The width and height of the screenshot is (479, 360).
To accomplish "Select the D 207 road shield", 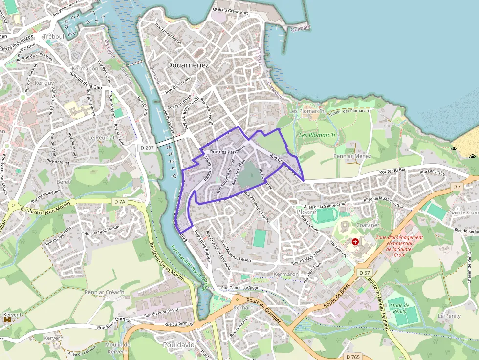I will click(x=147, y=147).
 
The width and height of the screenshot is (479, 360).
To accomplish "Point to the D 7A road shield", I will click(x=120, y=201).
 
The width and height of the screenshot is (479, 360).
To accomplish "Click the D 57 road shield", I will click(x=364, y=272).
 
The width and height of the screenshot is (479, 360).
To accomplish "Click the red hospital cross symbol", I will click(x=355, y=242).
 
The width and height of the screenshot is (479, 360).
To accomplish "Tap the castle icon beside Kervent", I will click(x=7, y=319).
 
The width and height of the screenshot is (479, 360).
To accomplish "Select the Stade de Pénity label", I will click(x=400, y=308).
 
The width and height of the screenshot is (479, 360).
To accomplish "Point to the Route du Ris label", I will click(x=392, y=169).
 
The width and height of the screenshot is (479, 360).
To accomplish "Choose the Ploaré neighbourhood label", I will click(x=306, y=212).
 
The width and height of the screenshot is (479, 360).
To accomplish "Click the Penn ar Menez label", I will click(x=352, y=156).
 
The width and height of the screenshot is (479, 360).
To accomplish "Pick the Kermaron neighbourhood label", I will click(x=286, y=275).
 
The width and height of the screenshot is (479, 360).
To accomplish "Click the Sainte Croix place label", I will click(x=464, y=212).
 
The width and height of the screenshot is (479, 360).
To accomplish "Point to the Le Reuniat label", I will click(x=102, y=138).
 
